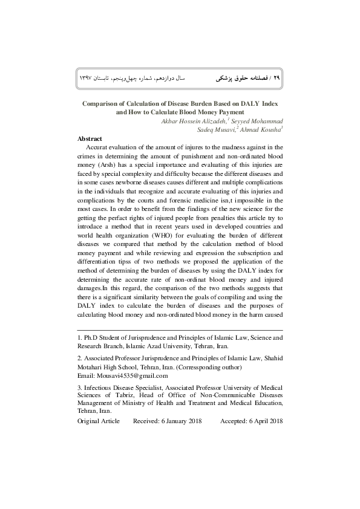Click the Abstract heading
(x=90, y=138)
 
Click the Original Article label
(x=99, y=421)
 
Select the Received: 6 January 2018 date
(x=168, y=421)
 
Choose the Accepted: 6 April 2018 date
(x=251, y=421)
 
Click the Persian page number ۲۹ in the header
(x=278, y=79)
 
